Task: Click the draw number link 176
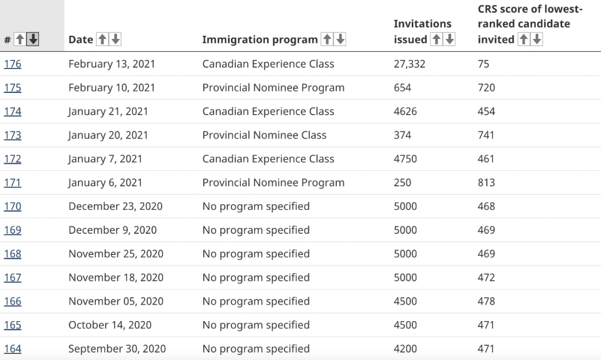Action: (x=12, y=64)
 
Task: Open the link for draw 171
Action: (x=12, y=183)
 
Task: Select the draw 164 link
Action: (x=12, y=349)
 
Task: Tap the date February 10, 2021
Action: (x=111, y=88)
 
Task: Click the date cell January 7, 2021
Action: (x=105, y=159)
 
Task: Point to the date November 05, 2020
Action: (x=116, y=302)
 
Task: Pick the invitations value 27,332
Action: (x=409, y=64)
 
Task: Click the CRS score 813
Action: (x=486, y=183)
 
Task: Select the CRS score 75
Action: (x=483, y=64)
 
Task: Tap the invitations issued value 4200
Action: (x=405, y=349)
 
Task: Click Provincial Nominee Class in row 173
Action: (x=264, y=135)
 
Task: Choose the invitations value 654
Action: (x=402, y=88)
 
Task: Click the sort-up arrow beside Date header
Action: (x=102, y=40)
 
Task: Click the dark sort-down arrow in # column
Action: (x=33, y=40)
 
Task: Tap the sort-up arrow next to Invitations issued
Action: (x=437, y=40)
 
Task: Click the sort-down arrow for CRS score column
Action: (x=536, y=40)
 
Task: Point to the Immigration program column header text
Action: (x=260, y=40)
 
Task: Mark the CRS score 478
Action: (x=486, y=302)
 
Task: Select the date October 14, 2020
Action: (x=110, y=325)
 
